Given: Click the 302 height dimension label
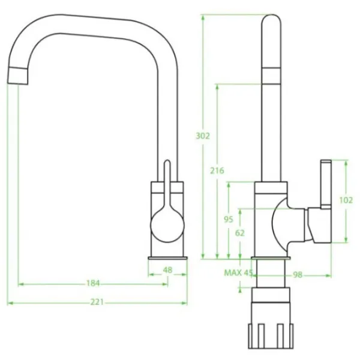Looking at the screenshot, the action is click(x=203, y=136).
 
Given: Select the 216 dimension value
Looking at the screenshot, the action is click(x=217, y=170).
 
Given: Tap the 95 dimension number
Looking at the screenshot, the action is click(x=229, y=220).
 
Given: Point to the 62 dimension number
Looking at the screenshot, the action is click(x=240, y=233).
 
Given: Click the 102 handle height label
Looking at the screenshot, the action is click(x=346, y=200).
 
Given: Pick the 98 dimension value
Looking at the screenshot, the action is click(x=298, y=275).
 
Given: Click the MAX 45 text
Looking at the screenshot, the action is click(x=238, y=273).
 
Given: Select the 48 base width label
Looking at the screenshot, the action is click(x=167, y=270).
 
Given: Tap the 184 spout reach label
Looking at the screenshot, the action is click(x=93, y=283).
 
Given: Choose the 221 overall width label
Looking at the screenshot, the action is click(x=97, y=302).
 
